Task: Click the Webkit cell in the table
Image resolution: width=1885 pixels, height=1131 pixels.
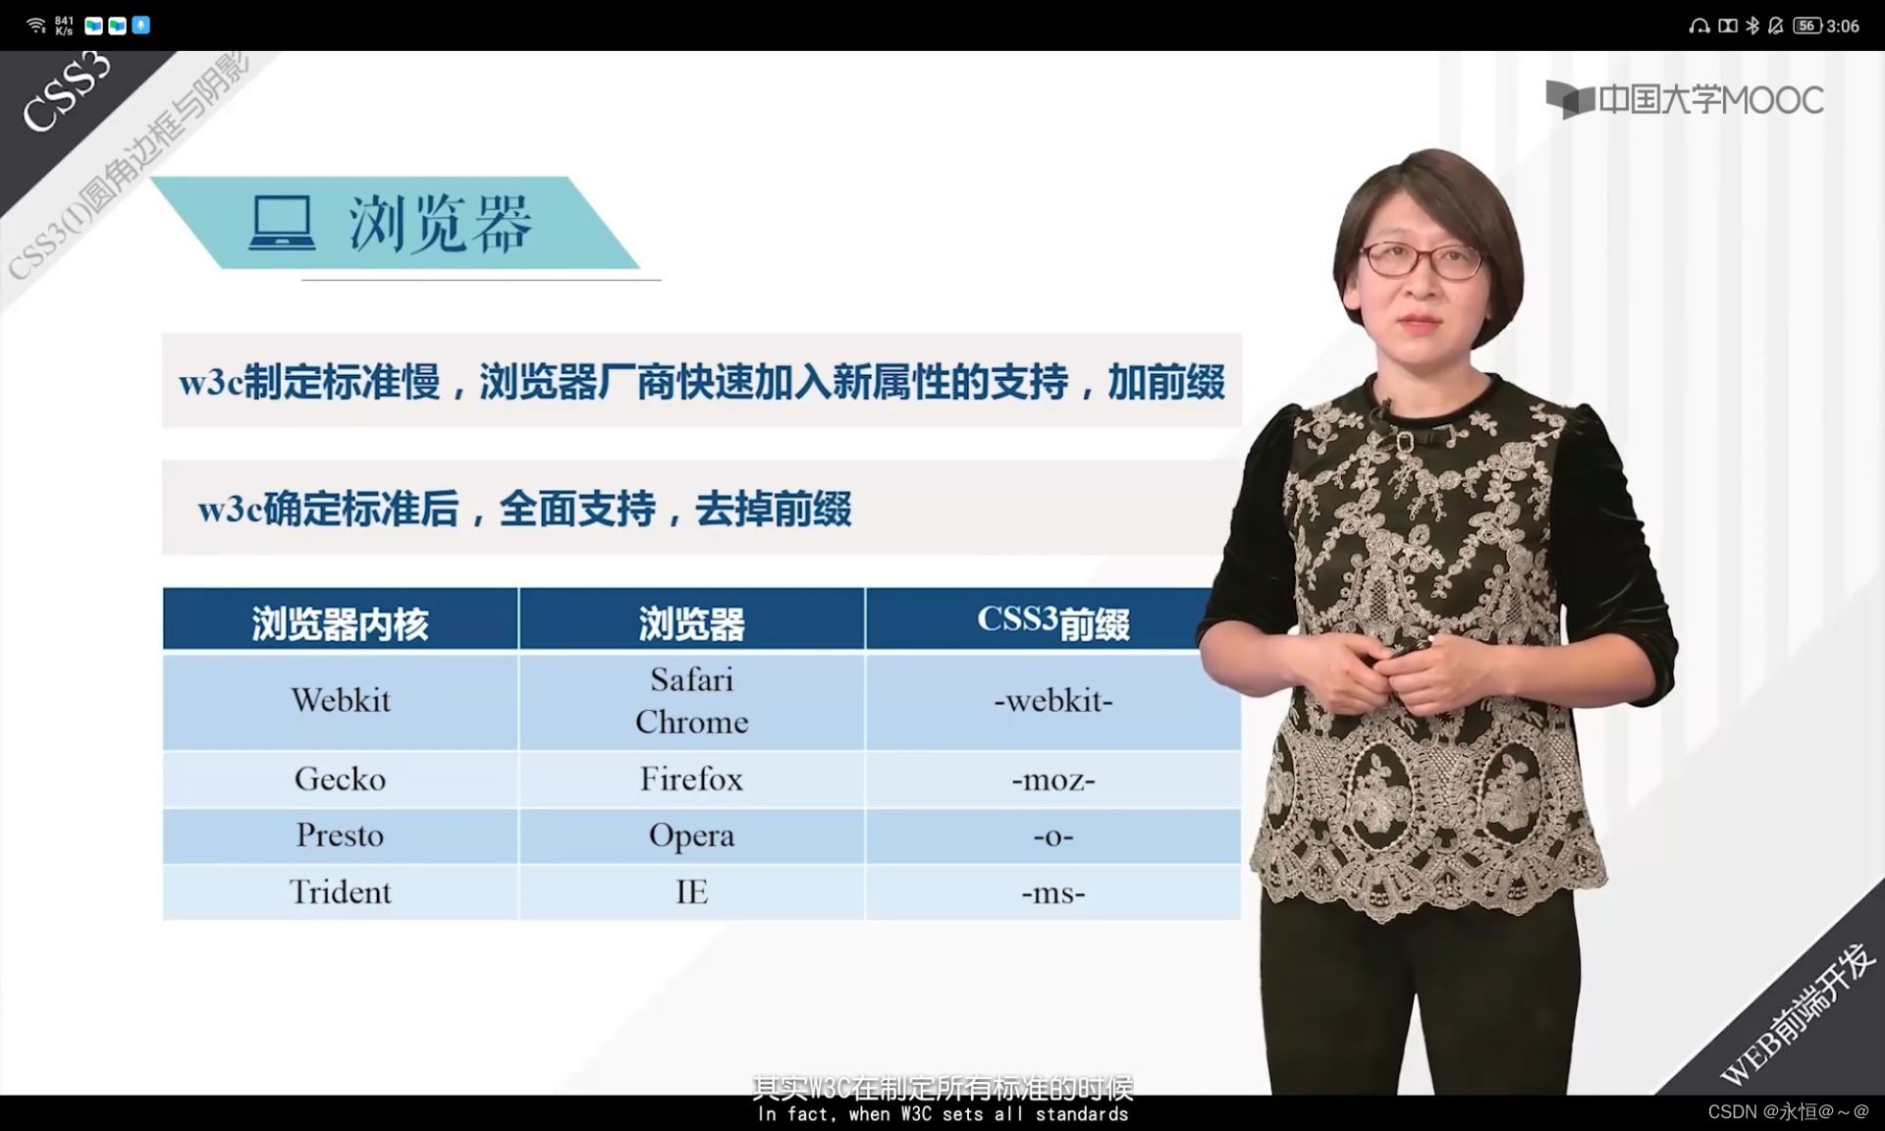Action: [341, 700]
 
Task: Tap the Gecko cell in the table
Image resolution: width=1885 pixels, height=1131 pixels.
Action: [341, 780]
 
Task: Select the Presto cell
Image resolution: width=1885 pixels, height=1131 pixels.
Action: [341, 835]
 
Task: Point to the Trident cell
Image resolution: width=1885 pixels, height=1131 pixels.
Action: [341, 892]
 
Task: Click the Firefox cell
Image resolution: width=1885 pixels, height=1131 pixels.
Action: [691, 780]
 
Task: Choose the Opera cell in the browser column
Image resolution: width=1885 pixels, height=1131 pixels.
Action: [691, 835]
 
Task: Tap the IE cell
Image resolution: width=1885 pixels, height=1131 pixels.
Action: [691, 892]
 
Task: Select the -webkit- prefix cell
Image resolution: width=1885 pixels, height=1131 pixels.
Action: [1052, 701]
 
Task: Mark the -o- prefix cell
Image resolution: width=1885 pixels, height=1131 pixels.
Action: [1052, 836]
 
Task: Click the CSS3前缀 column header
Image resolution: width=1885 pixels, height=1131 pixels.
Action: [1052, 620]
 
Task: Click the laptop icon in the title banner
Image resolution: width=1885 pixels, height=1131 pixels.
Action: [283, 223]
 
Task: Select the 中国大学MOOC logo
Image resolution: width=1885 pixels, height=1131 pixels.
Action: [1685, 99]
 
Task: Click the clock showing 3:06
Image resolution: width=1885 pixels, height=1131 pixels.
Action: [1843, 27]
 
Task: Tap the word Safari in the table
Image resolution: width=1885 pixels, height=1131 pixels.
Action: [691, 679]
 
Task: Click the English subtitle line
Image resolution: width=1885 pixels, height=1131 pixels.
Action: [942, 1114]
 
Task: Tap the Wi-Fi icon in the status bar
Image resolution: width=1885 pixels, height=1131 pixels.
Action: [36, 26]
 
